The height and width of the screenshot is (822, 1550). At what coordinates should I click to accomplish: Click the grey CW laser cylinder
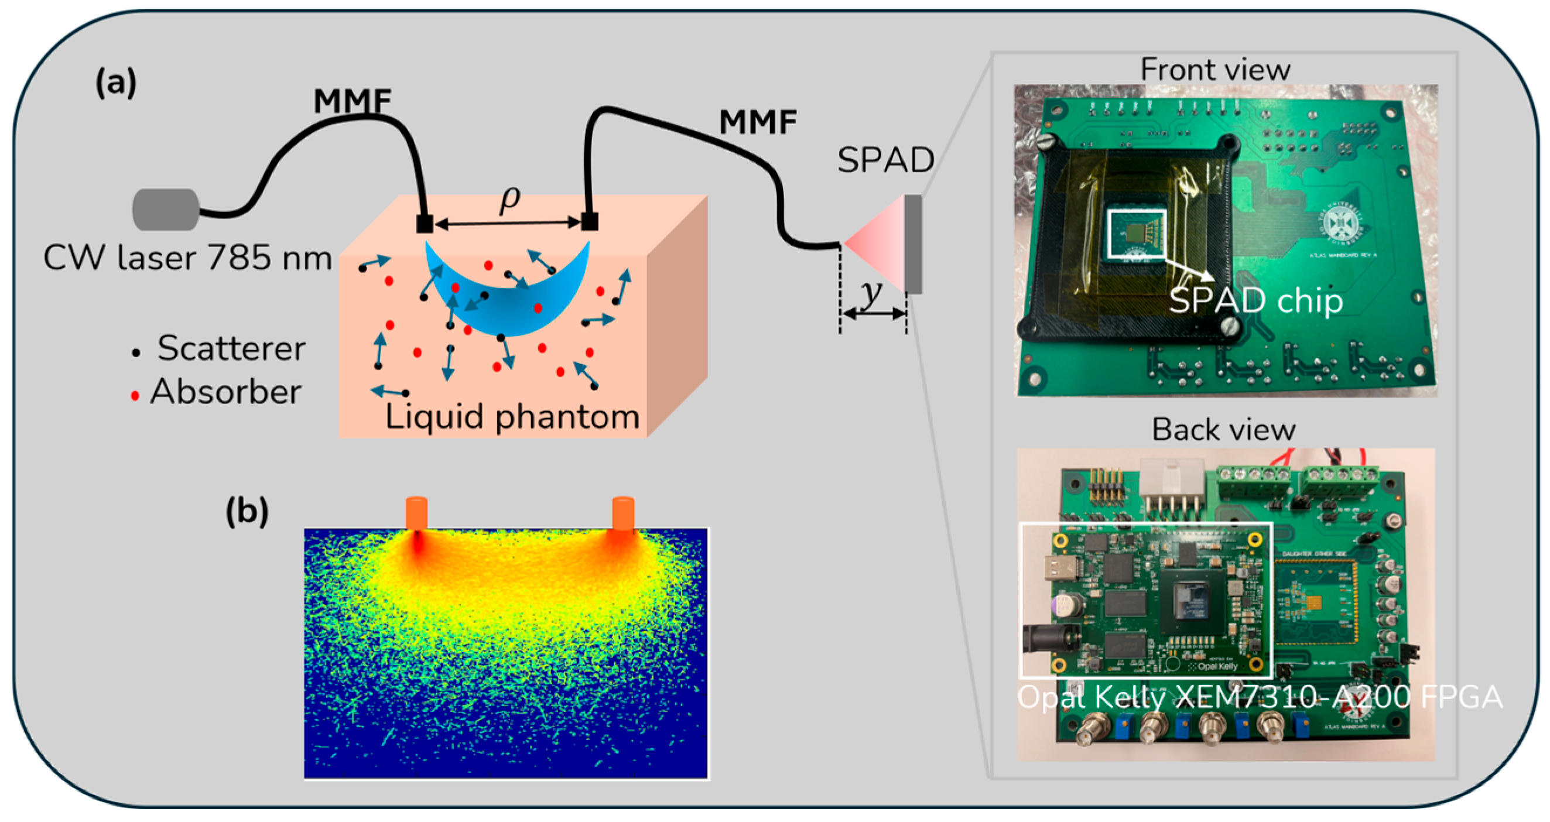pyautogui.click(x=166, y=210)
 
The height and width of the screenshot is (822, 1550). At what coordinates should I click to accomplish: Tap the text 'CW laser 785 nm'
pyautogui.click(x=187, y=258)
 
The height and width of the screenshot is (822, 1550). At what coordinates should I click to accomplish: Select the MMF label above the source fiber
pyautogui.click(x=352, y=101)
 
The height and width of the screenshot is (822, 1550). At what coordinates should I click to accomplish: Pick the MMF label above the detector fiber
pyautogui.click(x=758, y=122)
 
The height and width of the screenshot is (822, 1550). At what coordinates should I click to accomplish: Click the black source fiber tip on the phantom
pyautogui.click(x=424, y=223)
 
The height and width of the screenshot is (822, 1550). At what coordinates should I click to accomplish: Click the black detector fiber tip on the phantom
pyautogui.click(x=589, y=221)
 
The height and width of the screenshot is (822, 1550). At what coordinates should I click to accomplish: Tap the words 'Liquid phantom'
pyautogui.click(x=511, y=416)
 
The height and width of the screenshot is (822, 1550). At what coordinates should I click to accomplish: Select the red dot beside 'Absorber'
pyautogui.click(x=135, y=395)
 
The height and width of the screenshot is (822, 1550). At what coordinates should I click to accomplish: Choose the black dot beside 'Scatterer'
pyautogui.click(x=136, y=352)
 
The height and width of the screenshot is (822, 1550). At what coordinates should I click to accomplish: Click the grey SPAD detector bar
pyautogui.click(x=913, y=244)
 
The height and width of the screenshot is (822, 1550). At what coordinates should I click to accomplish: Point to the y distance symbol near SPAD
pyautogui.click(x=871, y=293)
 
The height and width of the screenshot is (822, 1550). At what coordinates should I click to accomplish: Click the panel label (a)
pyautogui.click(x=116, y=83)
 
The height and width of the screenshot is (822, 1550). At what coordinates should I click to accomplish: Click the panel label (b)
pyautogui.click(x=247, y=512)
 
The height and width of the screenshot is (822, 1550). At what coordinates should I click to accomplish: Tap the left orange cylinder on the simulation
pyautogui.click(x=416, y=513)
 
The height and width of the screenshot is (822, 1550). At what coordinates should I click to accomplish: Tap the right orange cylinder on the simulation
pyautogui.click(x=623, y=513)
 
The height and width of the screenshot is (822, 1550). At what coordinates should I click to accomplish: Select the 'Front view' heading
pyautogui.click(x=1215, y=70)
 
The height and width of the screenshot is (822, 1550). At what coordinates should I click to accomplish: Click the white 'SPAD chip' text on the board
pyautogui.click(x=1256, y=300)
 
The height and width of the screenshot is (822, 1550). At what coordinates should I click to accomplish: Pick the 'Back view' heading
pyautogui.click(x=1223, y=430)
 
